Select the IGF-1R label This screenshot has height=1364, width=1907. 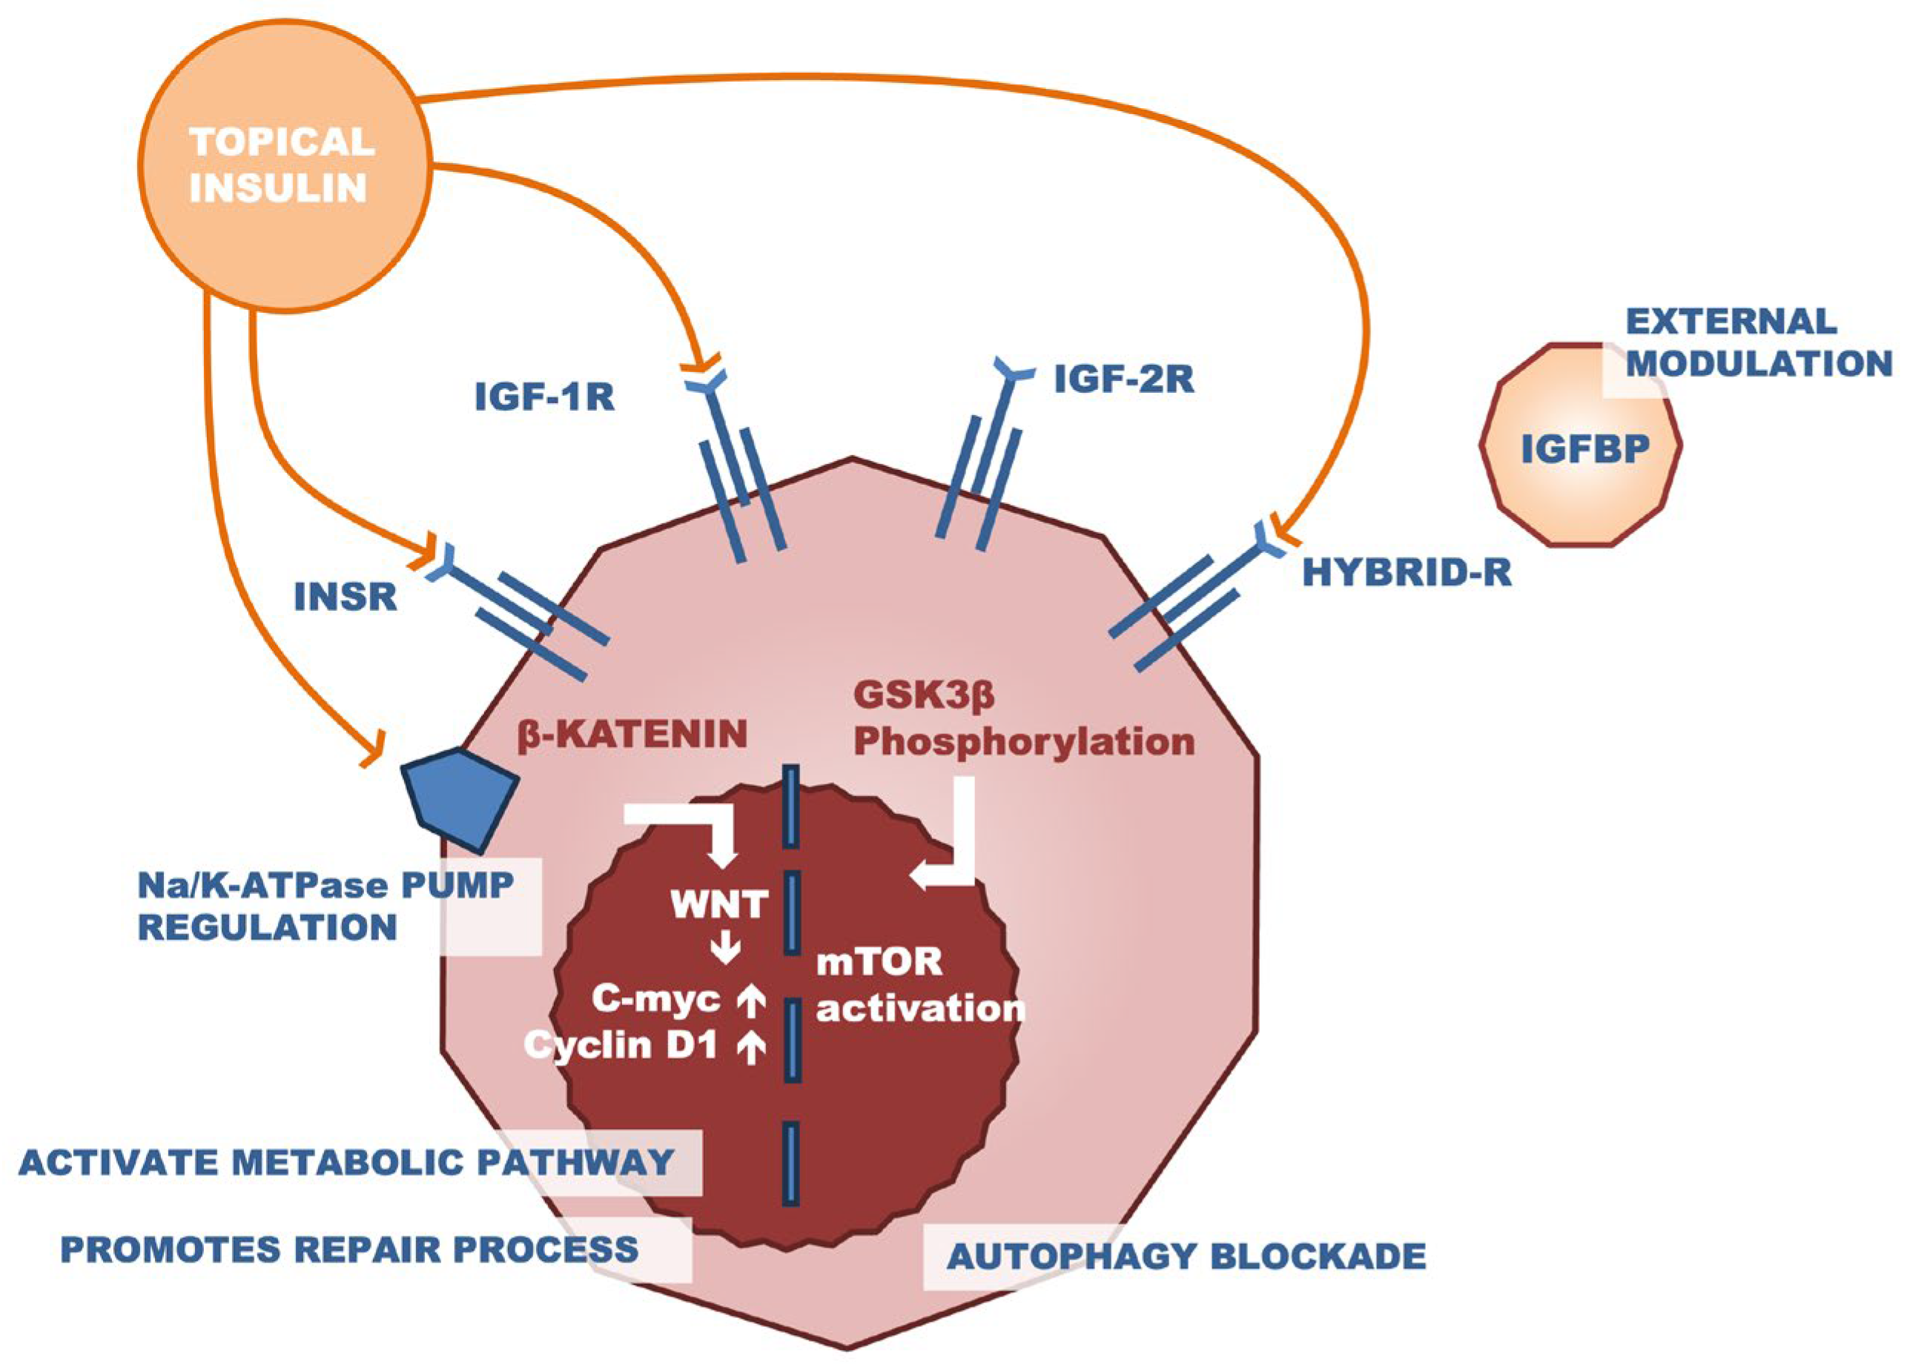pyautogui.click(x=544, y=397)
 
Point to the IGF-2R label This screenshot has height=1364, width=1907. pyautogui.click(x=1123, y=380)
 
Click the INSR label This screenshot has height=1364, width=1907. pyautogui.click(x=346, y=597)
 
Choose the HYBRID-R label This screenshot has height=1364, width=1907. pyautogui.click(x=1407, y=573)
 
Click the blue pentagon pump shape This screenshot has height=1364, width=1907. pyautogui.click(x=460, y=797)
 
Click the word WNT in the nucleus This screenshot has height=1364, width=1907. pyautogui.click(x=719, y=904)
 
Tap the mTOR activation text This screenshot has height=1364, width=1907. pyautogui.click(x=920, y=985)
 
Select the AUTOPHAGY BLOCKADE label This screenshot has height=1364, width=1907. pyautogui.click(x=1186, y=1257)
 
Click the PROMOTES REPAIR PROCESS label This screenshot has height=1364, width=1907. pyautogui.click(x=349, y=1249)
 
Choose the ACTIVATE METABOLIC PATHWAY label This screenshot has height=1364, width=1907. pyautogui.click(x=346, y=1162)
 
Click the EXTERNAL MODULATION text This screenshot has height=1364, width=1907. pyautogui.click(x=1757, y=342)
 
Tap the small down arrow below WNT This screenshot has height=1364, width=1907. pyautogui.click(x=725, y=950)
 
